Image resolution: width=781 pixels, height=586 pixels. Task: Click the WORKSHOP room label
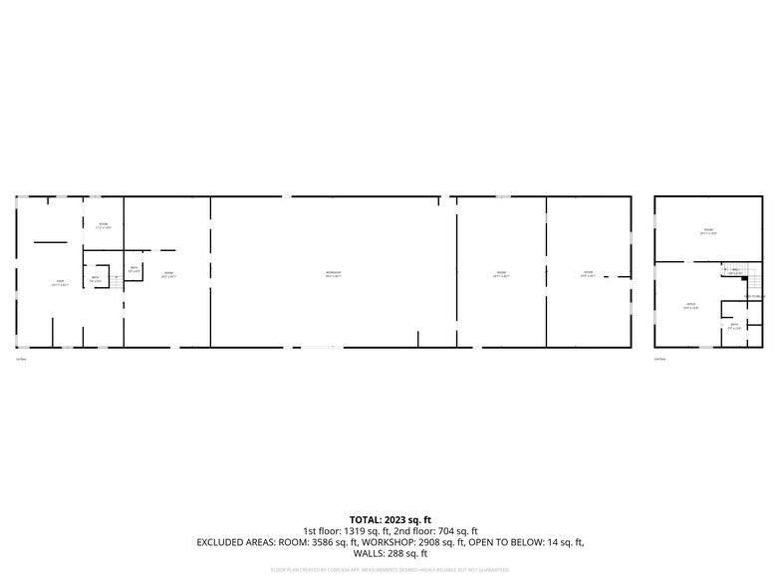click(334, 273)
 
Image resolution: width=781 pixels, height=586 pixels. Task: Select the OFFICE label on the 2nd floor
click(689, 306)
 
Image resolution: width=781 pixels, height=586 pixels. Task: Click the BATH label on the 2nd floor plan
click(734, 326)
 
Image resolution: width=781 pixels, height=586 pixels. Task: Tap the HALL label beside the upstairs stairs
click(734, 270)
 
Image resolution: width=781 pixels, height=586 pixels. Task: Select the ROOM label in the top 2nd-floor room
click(708, 231)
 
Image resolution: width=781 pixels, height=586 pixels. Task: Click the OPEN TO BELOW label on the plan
click(754, 296)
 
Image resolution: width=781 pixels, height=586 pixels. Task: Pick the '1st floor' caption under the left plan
click(21, 358)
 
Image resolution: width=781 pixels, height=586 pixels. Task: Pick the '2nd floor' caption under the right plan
click(659, 358)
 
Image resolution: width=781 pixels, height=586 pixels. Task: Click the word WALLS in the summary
click(372, 553)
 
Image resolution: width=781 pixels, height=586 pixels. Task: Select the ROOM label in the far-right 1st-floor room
click(588, 273)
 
